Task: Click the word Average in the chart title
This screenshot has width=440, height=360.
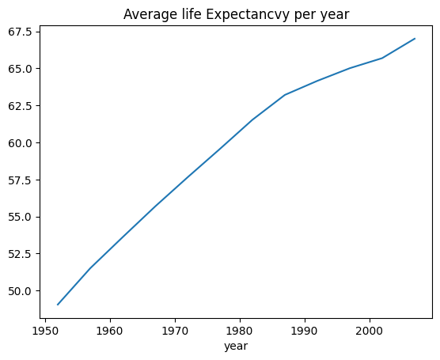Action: point(148,14)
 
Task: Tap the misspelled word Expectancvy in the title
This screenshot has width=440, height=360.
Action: point(247,15)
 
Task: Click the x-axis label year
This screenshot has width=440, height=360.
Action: point(236,347)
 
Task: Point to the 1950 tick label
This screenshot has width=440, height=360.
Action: point(45,331)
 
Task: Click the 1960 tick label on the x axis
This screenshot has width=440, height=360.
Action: point(110,331)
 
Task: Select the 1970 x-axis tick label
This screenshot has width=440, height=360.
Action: point(175,331)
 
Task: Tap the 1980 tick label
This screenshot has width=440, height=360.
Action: point(240,331)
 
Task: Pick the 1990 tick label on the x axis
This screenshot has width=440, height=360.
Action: point(305,331)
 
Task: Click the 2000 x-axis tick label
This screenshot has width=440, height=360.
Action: point(370,331)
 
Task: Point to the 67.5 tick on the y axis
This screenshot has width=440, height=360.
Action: point(21,32)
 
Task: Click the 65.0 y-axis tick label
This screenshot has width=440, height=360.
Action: point(21,69)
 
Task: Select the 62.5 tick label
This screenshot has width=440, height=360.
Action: point(21,106)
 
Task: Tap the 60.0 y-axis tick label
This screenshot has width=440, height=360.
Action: point(21,143)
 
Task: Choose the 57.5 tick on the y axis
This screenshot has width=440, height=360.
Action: point(21,180)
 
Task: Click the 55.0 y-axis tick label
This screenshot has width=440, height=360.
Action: point(21,217)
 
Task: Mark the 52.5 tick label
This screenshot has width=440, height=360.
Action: point(21,254)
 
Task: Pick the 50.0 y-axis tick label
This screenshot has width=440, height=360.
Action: point(21,291)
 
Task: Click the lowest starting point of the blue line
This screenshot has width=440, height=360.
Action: point(58,305)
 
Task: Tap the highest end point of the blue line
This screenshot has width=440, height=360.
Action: point(415,39)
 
